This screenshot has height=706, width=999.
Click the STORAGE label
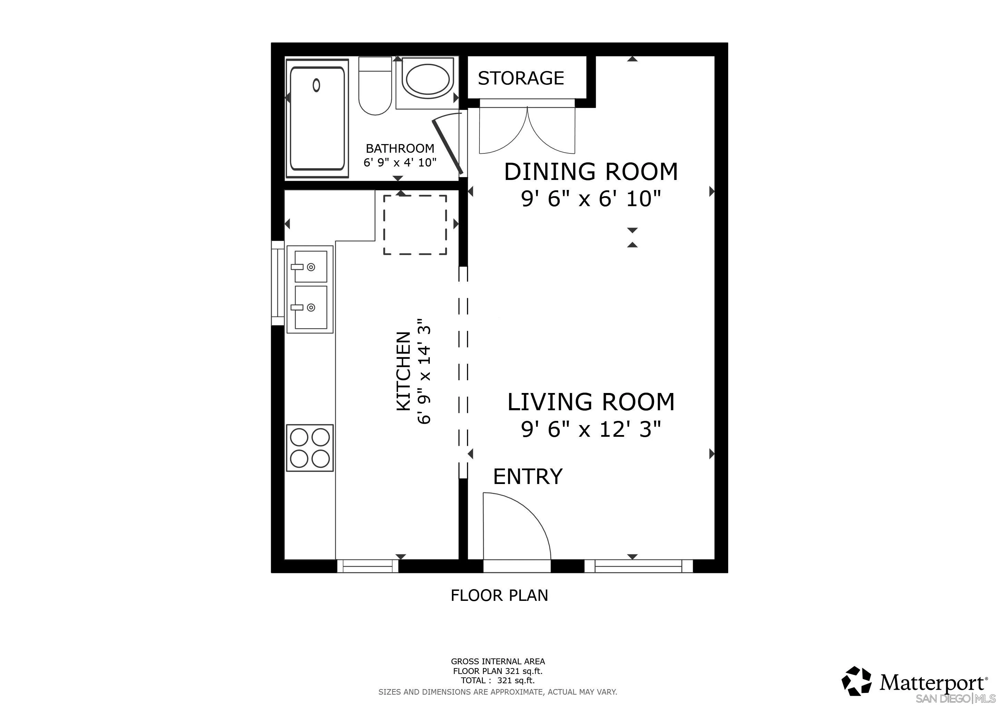[x=521, y=78]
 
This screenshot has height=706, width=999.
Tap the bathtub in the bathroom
[x=317, y=118]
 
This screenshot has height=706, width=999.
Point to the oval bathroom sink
[x=428, y=80]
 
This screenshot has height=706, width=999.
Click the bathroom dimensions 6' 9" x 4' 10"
[x=400, y=163]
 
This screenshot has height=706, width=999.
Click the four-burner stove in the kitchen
[x=310, y=448]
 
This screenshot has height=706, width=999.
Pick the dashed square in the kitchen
[x=415, y=225]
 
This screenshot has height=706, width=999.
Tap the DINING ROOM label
[x=591, y=171]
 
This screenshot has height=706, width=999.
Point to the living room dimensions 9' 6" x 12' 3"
[x=591, y=430]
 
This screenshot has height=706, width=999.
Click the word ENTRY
[x=528, y=476]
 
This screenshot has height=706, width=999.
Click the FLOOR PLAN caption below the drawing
[x=499, y=595]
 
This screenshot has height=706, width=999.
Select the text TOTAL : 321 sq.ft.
[x=498, y=681]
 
